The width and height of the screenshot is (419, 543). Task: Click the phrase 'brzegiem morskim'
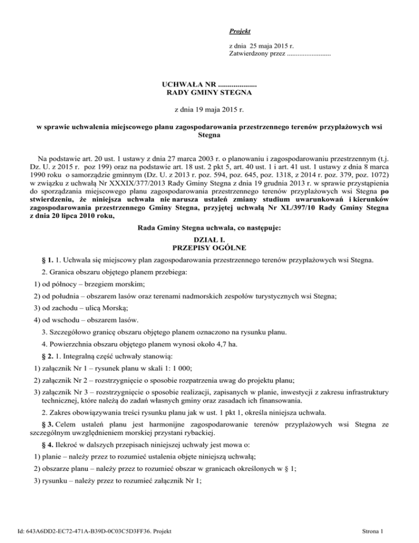[x=120, y=284]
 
